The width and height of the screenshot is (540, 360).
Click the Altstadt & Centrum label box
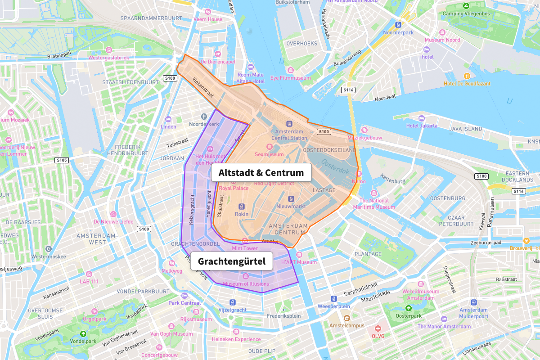click(x=261, y=173)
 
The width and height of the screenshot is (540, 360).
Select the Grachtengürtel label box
click(x=232, y=261)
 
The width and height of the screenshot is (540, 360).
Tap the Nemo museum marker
click(x=359, y=174)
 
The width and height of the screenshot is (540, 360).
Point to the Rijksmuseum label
click(x=196, y=319)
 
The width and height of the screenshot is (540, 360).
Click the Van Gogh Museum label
click(x=171, y=334)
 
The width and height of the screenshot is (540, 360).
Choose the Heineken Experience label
click(x=236, y=339)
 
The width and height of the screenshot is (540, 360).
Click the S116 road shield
click(x=348, y=90)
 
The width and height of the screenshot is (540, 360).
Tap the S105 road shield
click(x=62, y=160)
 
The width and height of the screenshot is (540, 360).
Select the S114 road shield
click(x=518, y=191)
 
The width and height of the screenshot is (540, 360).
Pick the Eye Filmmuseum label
click(x=291, y=78)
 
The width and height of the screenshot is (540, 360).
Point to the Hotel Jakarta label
click(x=422, y=126)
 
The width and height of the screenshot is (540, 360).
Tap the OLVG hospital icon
click(x=378, y=328)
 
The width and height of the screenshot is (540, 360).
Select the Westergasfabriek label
click(x=108, y=58)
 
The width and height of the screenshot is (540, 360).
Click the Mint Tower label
click(x=244, y=248)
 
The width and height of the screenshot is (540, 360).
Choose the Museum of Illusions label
click(x=246, y=284)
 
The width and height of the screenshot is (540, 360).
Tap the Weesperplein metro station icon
click(x=333, y=299)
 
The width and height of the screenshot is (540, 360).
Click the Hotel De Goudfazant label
click(x=467, y=84)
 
